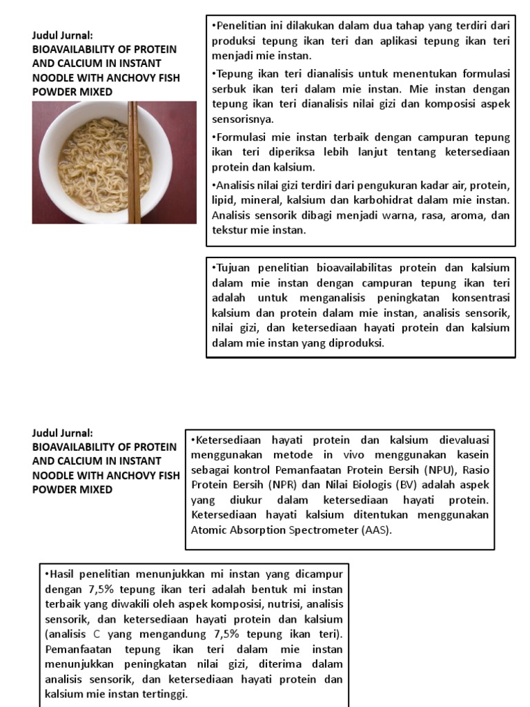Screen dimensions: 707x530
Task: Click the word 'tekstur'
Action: (x=230, y=231)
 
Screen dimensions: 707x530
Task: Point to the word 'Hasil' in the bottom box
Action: (x=61, y=574)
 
